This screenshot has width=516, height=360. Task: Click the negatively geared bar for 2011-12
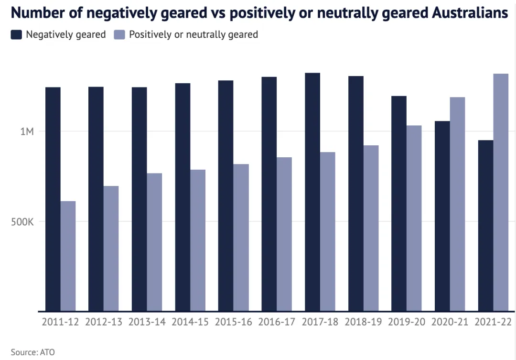click(x=53, y=199)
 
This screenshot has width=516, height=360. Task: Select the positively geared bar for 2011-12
click(x=68, y=256)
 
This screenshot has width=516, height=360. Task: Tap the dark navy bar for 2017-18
click(x=312, y=192)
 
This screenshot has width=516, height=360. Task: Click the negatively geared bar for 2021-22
click(x=485, y=225)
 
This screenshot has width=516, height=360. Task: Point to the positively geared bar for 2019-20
click(x=414, y=218)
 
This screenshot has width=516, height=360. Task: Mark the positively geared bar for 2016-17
click(x=284, y=234)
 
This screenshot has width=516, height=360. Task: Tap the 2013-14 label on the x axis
click(x=147, y=322)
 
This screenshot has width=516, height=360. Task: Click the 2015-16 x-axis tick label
click(x=233, y=322)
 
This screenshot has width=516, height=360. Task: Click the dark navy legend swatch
click(x=16, y=34)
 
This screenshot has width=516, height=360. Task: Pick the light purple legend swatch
click(x=119, y=34)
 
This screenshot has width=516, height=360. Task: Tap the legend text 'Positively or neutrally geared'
click(x=193, y=34)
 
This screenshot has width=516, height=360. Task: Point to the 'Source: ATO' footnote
click(x=32, y=352)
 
